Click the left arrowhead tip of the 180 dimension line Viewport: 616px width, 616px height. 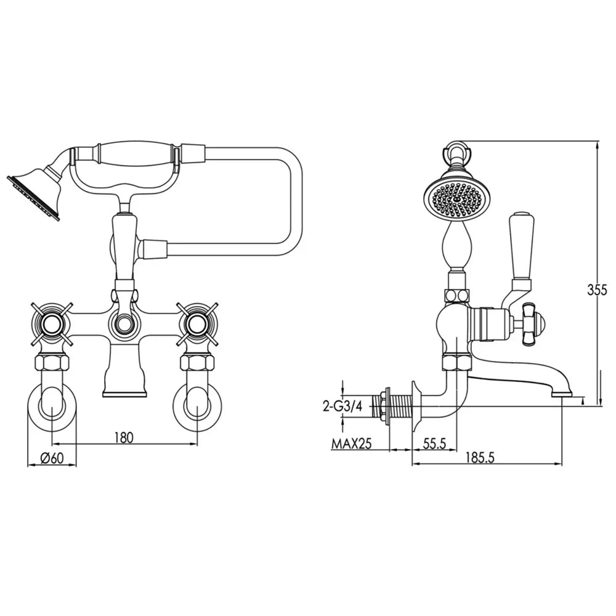[x=52, y=444]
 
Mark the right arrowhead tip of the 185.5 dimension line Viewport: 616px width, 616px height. [x=562, y=464]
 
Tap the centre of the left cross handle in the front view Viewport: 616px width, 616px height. [x=52, y=324]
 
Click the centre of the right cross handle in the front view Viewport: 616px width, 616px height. [x=197, y=324]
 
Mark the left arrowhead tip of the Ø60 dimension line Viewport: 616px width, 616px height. [x=28, y=464]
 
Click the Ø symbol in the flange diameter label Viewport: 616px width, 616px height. [x=45, y=458]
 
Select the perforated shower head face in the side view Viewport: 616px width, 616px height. [x=456, y=198]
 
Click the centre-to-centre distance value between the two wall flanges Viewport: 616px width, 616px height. [x=124, y=437]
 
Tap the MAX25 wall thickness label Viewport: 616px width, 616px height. [x=352, y=444]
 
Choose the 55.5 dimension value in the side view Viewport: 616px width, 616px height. [x=435, y=444]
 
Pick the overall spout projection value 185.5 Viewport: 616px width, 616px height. [x=480, y=458]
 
